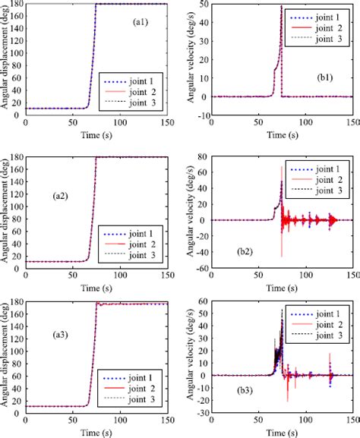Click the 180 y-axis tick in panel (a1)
tap(16, 5)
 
